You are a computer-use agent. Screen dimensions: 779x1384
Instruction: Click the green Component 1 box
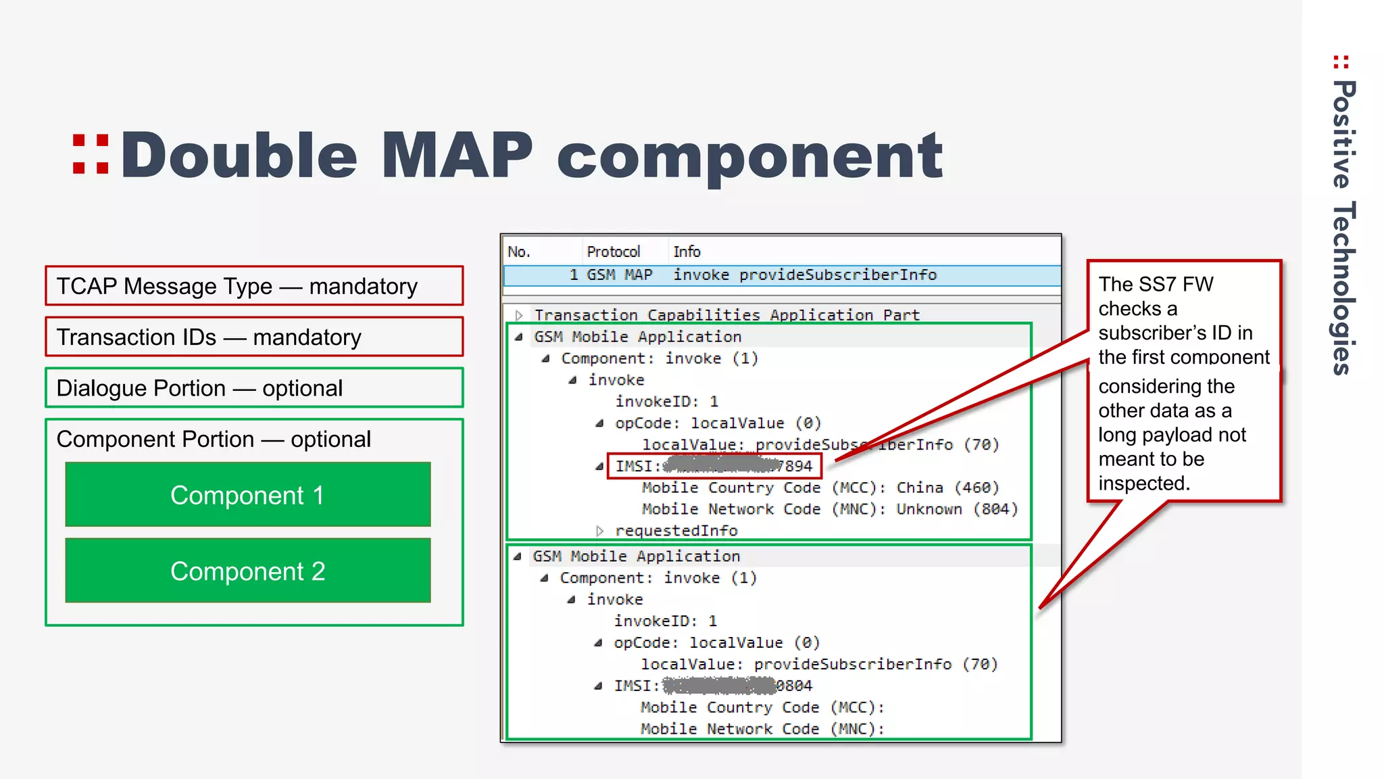247,494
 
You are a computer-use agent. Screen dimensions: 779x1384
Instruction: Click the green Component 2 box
247,571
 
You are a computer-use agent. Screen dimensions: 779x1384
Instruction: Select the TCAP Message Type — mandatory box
254,286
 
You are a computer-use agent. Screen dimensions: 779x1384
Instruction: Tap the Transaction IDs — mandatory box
254,337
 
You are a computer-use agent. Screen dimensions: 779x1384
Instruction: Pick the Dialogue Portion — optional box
254,388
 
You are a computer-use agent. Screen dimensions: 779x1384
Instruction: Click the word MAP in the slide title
457,156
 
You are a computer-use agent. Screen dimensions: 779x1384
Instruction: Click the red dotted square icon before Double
91,155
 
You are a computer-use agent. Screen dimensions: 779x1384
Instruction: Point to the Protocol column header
613,252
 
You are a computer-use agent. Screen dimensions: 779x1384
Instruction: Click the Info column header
687,252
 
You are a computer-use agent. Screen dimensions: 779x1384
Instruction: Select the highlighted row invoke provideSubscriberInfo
781,275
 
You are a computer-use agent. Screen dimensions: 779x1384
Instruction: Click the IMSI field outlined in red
714,466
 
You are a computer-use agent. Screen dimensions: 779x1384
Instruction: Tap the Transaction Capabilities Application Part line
726,315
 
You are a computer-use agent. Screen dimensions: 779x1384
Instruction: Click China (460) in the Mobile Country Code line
947,488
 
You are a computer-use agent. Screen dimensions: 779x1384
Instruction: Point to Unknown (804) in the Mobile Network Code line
956,509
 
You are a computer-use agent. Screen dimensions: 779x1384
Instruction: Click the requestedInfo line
676,531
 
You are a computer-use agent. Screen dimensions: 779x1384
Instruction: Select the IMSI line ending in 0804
713,686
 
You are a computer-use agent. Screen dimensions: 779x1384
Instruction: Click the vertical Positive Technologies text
1343,227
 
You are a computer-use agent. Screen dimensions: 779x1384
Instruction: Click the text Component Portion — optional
214,440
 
